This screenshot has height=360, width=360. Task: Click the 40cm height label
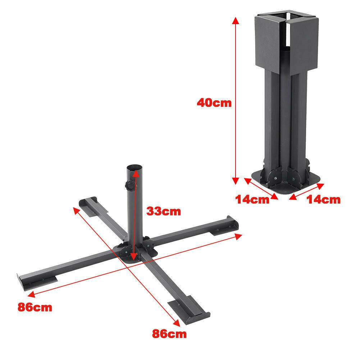click(214, 103)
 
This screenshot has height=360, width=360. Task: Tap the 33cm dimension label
click(163, 211)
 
